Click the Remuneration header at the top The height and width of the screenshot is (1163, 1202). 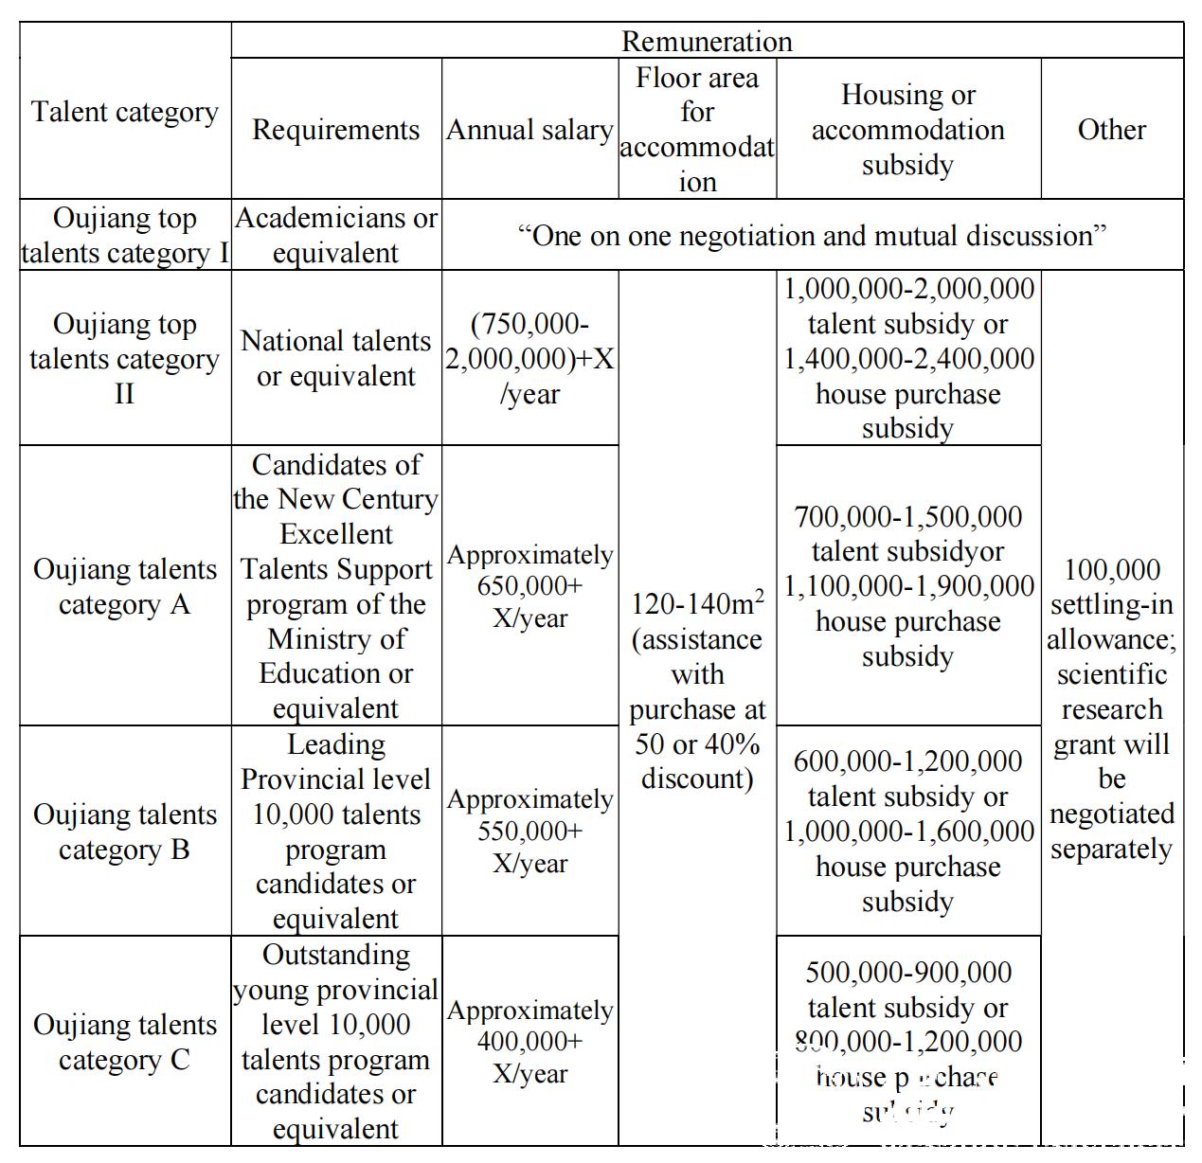[x=707, y=42]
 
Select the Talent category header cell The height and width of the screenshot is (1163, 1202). [x=125, y=112]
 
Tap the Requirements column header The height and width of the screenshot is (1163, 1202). [x=335, y=130]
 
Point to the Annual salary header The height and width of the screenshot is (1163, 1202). [x=529, y=130]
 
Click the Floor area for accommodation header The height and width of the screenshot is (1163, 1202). [x=697, y=129]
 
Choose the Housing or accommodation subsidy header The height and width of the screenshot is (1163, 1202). [x=907, y=130]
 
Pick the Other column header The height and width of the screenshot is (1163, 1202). [x=1111, y=130]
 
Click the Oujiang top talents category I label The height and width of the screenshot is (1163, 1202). [x=125, y=235]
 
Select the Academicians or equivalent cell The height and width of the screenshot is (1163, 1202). [x=335, y=235]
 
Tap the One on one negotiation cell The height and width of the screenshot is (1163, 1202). [x=812, y=235]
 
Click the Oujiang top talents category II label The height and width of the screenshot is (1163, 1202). [x=125, y=359]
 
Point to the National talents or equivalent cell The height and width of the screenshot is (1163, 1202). [x=335, y=359]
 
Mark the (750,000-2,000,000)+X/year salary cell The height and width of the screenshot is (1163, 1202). [x=529, y=359]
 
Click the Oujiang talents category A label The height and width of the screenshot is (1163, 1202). [x=125, y=586]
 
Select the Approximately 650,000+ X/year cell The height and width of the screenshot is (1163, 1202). [x=529, y=586]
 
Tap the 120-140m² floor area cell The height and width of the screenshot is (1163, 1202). [x=697, y=691]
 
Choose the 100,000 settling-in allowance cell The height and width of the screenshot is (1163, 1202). [x=1111, y=708]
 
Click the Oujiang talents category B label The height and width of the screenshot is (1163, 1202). [x=125, y=832]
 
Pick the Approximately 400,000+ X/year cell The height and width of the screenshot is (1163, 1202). [x=529, y=1042]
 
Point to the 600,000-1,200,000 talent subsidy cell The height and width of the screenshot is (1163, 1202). [x=907, y=831]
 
